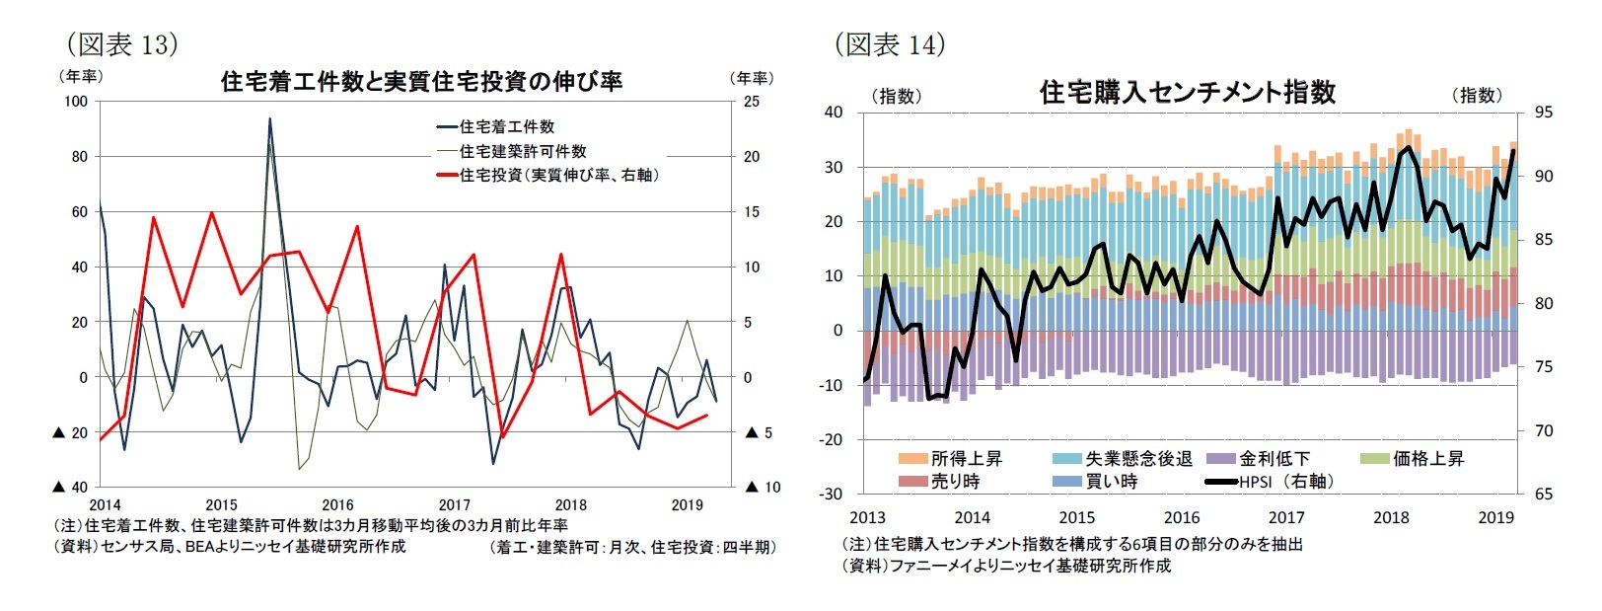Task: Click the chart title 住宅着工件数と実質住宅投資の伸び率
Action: coord(421,82)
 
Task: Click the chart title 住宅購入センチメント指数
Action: coord(1187,93)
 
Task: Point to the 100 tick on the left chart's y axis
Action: coord(76,102)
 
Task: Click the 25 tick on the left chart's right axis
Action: coord(752,102)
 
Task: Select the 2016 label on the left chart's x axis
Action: coord(337,504)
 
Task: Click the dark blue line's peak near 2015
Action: coord(269,119)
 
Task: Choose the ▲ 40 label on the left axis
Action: coord(70,487)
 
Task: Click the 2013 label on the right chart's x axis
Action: coord(867,517)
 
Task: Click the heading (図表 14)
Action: coord(889,44)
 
